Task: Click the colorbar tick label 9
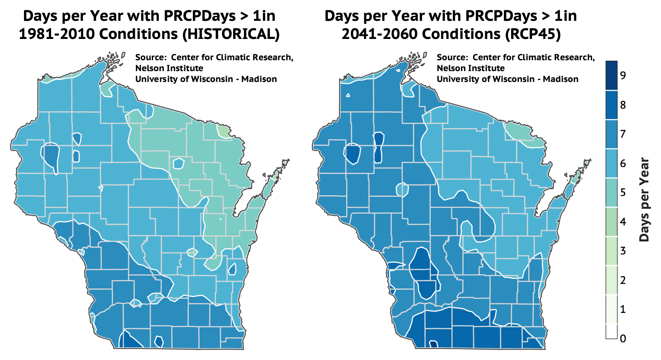[x=623, y=76]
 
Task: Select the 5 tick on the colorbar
[x=623, y=193]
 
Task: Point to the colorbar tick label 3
[x=623, y=251]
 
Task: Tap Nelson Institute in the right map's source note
[x=471, y=68]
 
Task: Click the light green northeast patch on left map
[x=223, y=131]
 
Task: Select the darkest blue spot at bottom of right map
[x=433, y=345]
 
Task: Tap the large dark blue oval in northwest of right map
[x=353, y=153]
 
